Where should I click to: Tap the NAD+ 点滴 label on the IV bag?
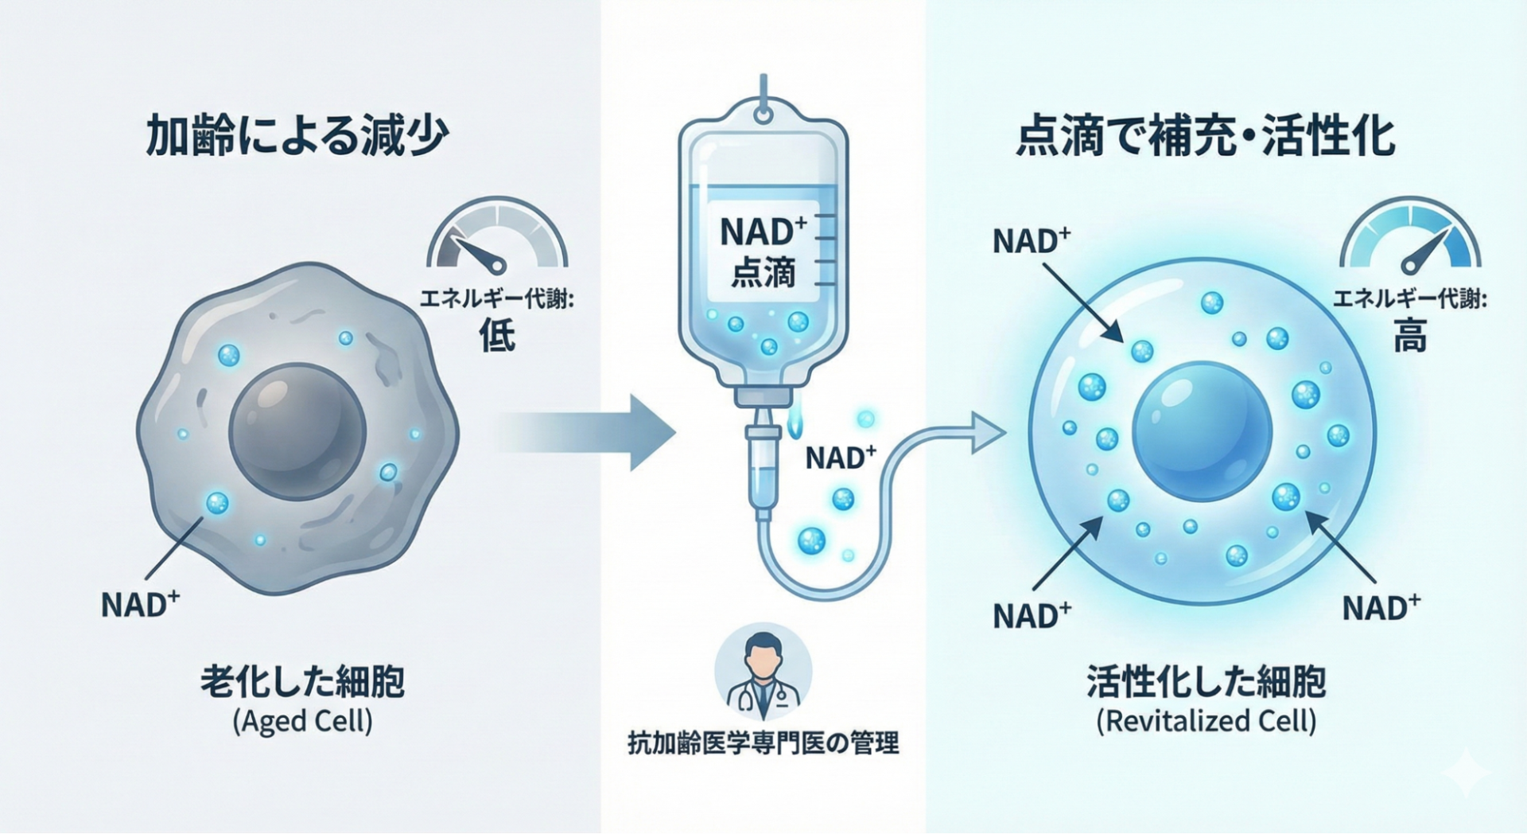(x=762, y=251)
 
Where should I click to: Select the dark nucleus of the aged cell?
(x=297, y=432)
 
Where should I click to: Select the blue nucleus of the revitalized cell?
(x=1202, y=432)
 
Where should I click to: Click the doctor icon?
(x=763, y=672)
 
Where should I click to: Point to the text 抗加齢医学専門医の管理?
(x=763, y=743)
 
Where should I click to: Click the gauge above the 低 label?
(x=497, y=239)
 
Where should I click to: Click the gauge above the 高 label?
(x=1409, y=239)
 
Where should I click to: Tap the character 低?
(x=497, y=335)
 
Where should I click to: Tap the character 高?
(x=1409, y=335)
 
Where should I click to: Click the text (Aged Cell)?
(x=302, y=722)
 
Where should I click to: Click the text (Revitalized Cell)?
(x=1206, y=722)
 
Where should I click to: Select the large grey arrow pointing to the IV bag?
(x=589, y=432)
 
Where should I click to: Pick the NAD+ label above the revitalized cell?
(x=1031, y=240)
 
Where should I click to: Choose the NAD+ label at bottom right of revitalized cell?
(x=1381, y=608)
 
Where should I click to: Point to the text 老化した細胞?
(x=302, y=683)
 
